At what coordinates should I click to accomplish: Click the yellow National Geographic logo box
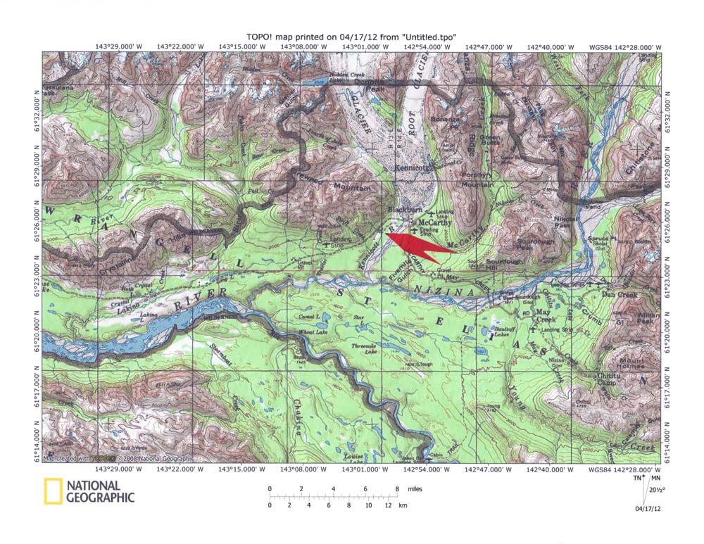point(52,491)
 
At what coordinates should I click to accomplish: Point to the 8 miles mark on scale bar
point(396,488)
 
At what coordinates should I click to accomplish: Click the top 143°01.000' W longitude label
point(365,46)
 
